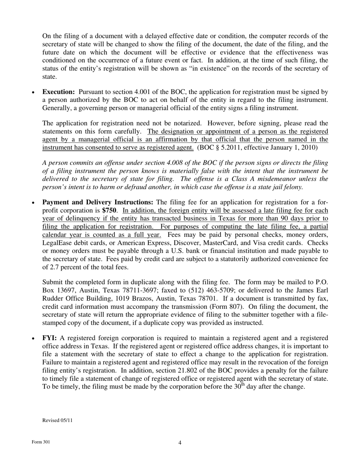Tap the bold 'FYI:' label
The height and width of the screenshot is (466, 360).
50,338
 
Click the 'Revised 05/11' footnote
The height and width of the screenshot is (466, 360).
57,420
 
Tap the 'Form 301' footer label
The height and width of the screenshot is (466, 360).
41,442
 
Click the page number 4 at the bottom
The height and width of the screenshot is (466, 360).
180,443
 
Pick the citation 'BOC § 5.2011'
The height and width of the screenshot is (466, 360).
218,147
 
